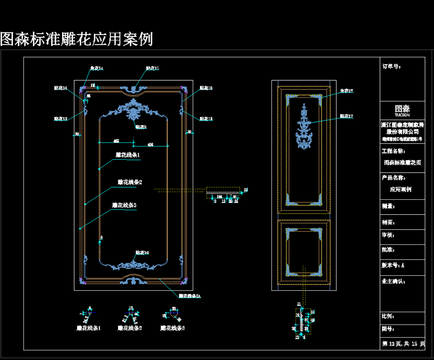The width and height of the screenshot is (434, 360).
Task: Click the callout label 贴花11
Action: click(153, 68)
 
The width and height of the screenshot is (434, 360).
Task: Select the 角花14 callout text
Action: click(97, 68)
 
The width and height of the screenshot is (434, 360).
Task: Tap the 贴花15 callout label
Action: click(206, 88)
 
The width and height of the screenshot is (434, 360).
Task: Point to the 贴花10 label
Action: click(142, 252)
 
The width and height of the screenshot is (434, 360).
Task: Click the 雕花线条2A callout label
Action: click(190, 296)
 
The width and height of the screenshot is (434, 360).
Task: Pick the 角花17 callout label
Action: click(347, 91)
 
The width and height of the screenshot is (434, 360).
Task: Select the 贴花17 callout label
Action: click(347, 116)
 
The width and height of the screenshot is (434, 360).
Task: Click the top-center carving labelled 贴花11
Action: click(134, 89)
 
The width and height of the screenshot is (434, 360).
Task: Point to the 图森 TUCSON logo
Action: click(402, 110)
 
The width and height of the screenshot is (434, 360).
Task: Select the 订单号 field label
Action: click(392, 67)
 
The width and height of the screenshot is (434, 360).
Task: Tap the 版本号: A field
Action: click(393, 265)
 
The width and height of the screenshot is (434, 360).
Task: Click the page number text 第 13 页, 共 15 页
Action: click(403, 344)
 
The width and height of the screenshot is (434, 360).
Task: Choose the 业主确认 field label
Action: click(393, 281)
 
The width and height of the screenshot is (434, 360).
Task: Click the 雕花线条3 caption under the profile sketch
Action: click(173, 328)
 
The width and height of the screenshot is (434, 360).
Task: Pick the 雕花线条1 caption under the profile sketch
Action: click(88, 328)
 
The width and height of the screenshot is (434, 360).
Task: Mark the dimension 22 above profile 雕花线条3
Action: click(174, 308)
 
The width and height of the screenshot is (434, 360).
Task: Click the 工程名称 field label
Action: click(393, 151)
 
